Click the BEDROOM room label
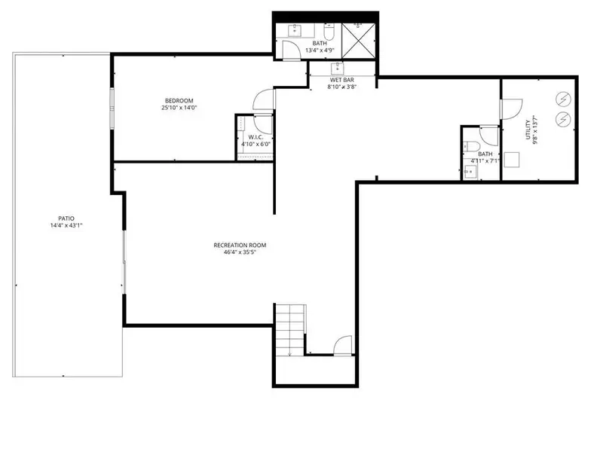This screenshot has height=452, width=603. (180, 101)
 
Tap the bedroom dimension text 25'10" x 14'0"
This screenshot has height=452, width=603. (179, 108)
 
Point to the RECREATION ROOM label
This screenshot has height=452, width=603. (240, 246)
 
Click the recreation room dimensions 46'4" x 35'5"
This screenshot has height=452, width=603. (240, 253)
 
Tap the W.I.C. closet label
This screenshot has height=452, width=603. (255, 136)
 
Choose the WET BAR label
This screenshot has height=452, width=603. (341, 79)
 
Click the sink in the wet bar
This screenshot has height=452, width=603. (338, 68)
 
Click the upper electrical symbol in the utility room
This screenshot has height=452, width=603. (562, 98)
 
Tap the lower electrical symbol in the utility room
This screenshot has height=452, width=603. (562, 118)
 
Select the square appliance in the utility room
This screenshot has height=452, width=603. (516, 160)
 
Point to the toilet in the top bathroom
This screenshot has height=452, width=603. (329, 33)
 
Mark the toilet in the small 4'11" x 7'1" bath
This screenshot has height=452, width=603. (469, 146)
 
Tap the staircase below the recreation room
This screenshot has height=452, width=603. (289, 328)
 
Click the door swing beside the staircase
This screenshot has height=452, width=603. (341, 344)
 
